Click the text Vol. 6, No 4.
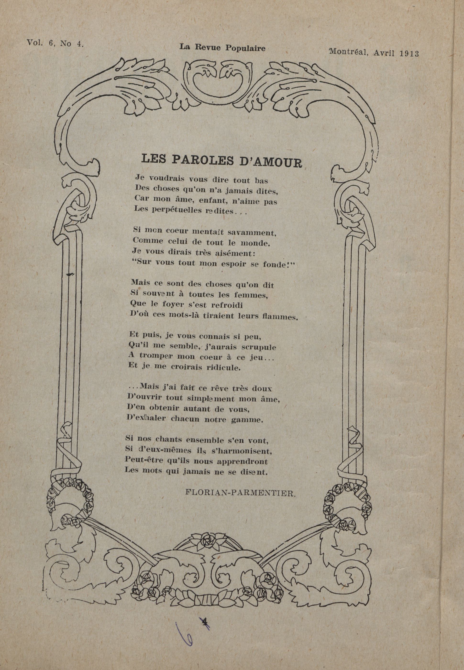55,43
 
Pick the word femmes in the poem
253,295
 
